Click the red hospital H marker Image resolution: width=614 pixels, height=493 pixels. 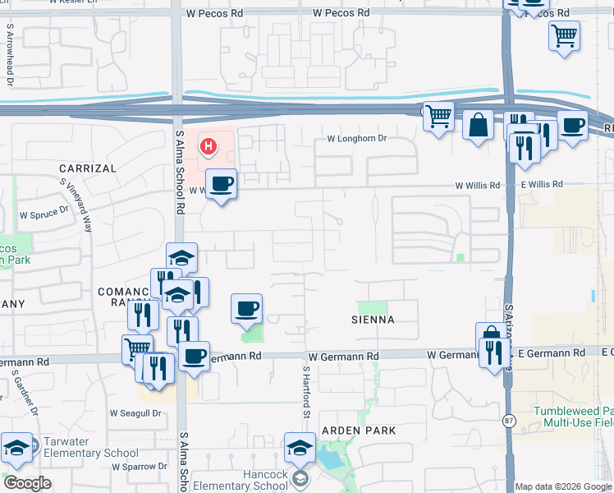(x=208, y=147)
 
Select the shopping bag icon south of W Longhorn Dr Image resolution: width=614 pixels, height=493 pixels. (x=478, y=127)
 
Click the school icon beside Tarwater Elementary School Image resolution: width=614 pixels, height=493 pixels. (x=16, y=449)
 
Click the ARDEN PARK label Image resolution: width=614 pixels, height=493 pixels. (x=359, y=431)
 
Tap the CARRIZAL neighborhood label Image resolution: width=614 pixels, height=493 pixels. (x=88, y=168)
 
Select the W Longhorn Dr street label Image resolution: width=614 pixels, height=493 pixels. (x=356, y=139)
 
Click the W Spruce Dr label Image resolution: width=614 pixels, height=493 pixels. (x=44, y=213)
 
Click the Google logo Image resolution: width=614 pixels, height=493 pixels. (x=27, y=483)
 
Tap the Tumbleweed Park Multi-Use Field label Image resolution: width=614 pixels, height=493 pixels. (x=573, y=417)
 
